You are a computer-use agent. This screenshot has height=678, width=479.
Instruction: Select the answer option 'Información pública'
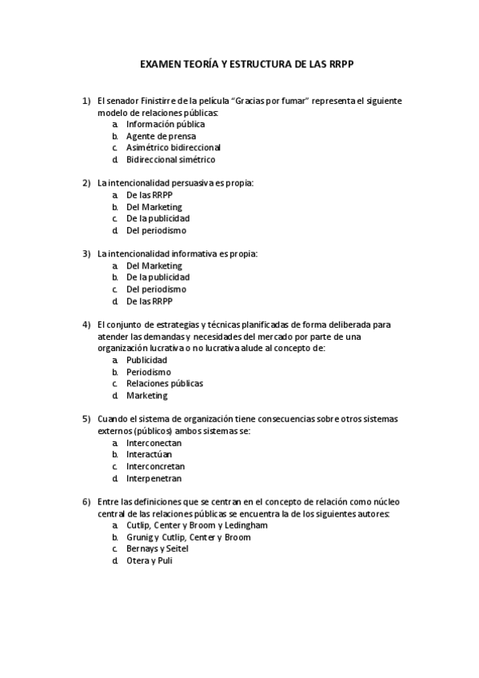[x=166, y=125]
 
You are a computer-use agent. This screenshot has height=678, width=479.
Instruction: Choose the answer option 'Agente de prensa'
[x=160, y=136]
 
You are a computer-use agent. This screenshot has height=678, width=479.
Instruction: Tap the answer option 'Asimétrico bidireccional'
[x=174, y=148]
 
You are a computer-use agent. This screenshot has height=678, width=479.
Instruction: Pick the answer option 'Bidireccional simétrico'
[x=171, y=160]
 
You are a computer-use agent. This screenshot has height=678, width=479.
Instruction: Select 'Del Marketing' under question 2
[x=154, y=207]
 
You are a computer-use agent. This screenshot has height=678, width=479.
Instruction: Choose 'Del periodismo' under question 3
[x=156, y=289]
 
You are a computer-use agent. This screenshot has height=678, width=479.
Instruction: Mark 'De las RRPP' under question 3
[x=150, y=301]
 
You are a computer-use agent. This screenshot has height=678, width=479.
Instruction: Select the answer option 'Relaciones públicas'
[x=165, y=384]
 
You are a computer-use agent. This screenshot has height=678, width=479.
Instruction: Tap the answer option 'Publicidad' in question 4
[x=147, y=360]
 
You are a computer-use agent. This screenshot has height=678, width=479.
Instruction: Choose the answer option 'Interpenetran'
[x=154, y=478]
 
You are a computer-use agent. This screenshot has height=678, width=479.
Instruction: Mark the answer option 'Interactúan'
[x=150, y=454]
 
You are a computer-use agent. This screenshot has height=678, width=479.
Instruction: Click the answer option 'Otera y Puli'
[x=150, y=560]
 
